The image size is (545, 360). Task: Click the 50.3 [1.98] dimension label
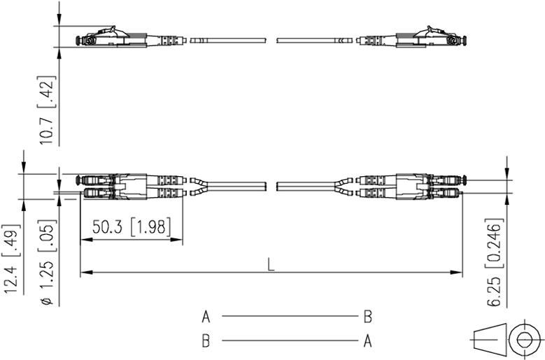coord(132,227)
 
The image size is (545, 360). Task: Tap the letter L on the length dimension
coord(271,265)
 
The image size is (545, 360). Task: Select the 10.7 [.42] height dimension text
coord(47,110)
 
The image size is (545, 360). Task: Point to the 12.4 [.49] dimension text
coord(11,259)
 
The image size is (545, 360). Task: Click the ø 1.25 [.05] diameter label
coord(48,262)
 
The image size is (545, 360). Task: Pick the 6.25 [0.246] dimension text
coord(494,262)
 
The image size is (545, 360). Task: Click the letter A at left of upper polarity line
coord(206,317)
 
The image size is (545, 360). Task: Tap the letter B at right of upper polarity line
coord(368,317)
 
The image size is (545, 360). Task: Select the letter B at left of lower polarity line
coord(206,341)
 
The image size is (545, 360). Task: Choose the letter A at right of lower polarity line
coord(368,341)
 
